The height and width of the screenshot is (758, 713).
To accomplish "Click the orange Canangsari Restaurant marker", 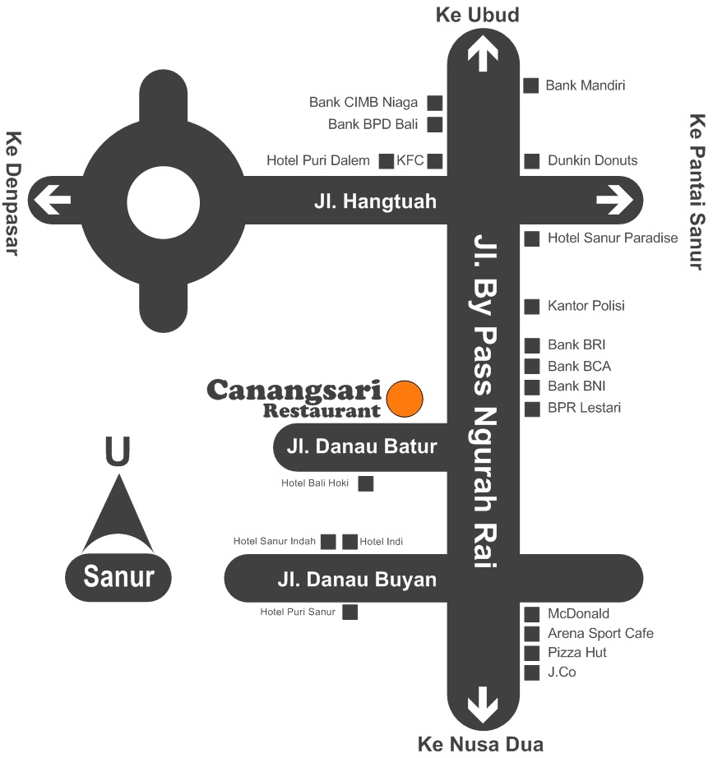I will (405, 398).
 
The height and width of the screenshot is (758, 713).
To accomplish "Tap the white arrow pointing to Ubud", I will (482, 55).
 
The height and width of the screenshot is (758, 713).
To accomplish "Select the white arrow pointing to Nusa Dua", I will (482, 705).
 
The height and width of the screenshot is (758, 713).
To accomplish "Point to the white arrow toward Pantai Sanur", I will (614, 200).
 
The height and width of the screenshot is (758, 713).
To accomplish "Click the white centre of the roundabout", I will (164, 200).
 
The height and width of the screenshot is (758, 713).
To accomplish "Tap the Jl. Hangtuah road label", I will (374, 201).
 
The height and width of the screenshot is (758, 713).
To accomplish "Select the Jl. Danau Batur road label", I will (362, 448).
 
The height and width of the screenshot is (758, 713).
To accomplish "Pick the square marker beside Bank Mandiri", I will (531, 85).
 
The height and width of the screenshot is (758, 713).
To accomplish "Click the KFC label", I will (410, 160).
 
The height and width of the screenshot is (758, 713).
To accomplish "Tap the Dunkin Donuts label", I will (592, 160).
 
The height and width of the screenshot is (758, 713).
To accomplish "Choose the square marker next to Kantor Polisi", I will (532, 306).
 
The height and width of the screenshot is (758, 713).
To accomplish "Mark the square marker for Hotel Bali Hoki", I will (366, 483).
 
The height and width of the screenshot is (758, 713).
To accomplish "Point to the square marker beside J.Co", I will (532, 672).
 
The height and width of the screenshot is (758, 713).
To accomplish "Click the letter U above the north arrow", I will (118, 451).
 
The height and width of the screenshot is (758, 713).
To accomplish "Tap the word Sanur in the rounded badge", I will (118, 576).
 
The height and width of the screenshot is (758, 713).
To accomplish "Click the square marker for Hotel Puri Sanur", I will (350, 612).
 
